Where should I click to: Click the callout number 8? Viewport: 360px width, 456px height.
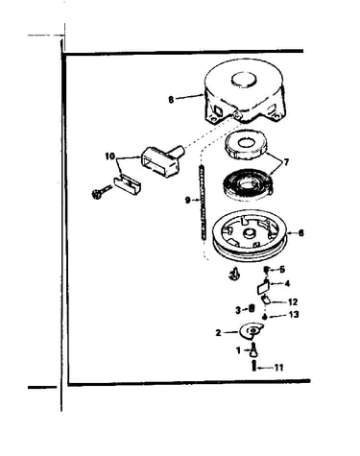tap(171, 100)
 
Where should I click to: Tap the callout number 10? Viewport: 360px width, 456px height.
tap(109, 156)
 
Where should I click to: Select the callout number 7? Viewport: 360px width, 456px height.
tap(286, 162)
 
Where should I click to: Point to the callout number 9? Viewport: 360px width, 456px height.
tap(188, 201)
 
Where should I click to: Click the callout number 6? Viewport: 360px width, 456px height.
tap(300, 233)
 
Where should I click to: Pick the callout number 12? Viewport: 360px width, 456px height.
tap(293, 301)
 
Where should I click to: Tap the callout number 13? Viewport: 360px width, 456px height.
tap(294, 315)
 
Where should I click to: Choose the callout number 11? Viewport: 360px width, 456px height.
tap(279, 368)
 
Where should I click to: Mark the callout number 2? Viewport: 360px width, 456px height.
tap(218, 333)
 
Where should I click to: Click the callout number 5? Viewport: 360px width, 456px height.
tap(282, 270)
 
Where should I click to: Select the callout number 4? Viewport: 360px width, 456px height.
tap(287, 283)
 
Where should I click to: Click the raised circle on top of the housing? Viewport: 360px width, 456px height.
tap(244, 79)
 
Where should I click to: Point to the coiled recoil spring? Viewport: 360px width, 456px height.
tap(248, 185)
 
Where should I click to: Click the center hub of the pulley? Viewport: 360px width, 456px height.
tap(249, 233)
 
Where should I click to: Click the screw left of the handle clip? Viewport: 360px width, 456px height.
tap(101, 192)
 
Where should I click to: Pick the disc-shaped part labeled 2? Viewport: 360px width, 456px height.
tap(252, 331)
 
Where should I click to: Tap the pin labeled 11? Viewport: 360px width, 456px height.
tap(254, 366)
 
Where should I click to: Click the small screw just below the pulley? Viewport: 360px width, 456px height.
tap(235, 274)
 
